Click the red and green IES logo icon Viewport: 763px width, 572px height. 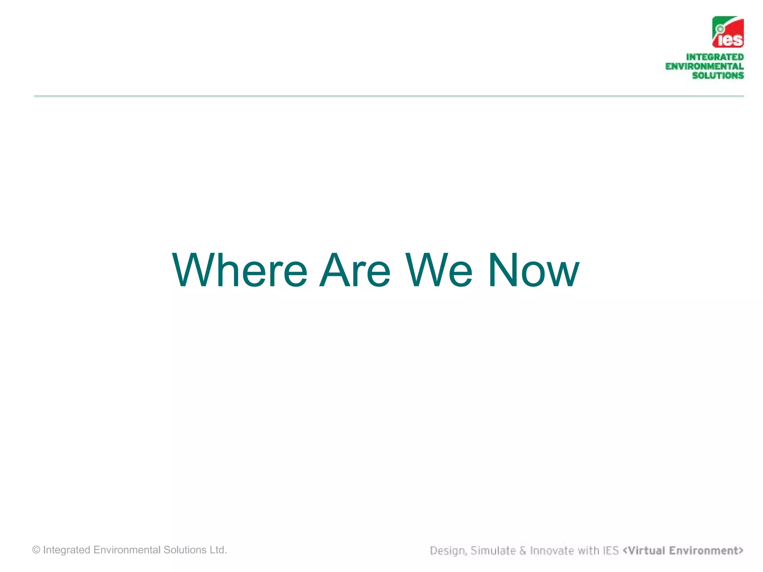[728, 32]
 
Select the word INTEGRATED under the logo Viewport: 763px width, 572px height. [715, 57]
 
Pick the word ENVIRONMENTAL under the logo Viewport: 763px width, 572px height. [704, 66]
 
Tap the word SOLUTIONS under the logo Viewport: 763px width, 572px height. [718, 75]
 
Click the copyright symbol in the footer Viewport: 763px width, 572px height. [36, 550]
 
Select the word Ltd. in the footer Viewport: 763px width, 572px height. [218, 550]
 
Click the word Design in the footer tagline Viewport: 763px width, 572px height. [447, 550]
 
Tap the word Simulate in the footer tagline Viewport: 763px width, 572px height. [493, 550]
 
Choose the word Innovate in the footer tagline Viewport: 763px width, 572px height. [552, 550]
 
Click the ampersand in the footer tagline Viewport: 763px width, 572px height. [523, 550]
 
